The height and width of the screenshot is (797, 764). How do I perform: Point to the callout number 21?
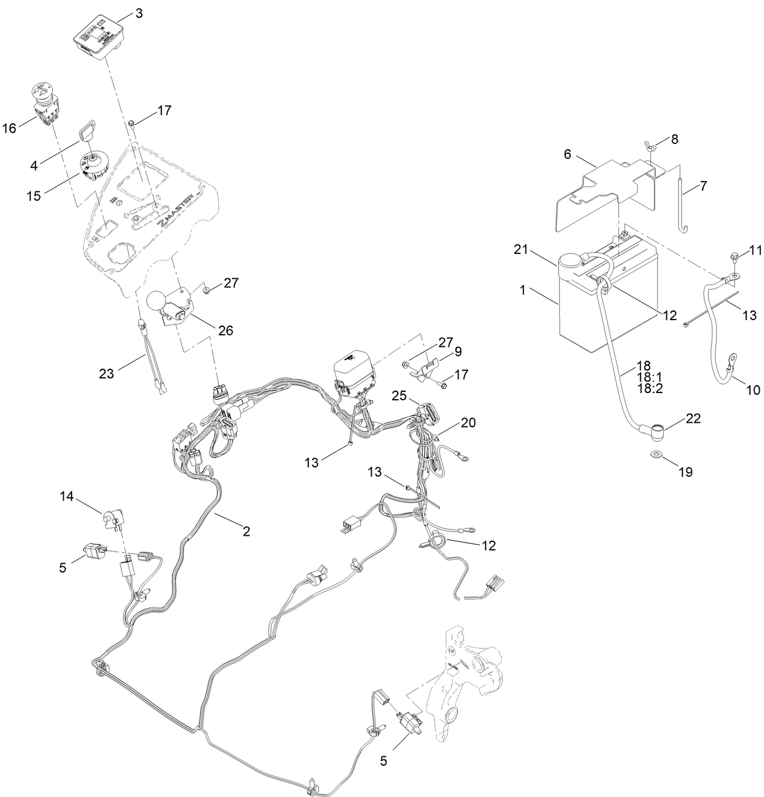pos(521,251)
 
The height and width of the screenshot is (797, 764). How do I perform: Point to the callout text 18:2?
pos(650,388)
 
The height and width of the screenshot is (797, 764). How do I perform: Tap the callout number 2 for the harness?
pos(246,531)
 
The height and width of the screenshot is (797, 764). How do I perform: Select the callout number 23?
pos(107,374)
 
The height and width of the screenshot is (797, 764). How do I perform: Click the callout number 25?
pos(397,395)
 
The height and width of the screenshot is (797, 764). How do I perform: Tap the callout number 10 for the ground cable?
pos(752,391)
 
